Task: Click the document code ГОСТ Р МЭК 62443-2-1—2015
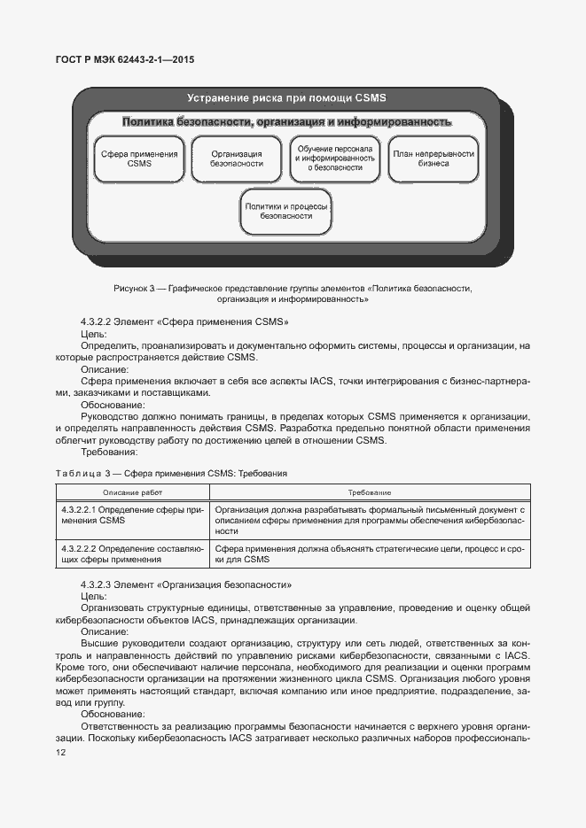click(x=127, y=60)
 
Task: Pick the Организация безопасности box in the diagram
click(x=237, y=159)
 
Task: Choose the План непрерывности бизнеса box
click(x=434, y=159)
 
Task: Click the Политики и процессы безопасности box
click(x=286, y=211)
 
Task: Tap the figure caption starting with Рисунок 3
click(x=293, y=293)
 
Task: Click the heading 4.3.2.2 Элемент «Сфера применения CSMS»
click(x=184, y=322)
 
